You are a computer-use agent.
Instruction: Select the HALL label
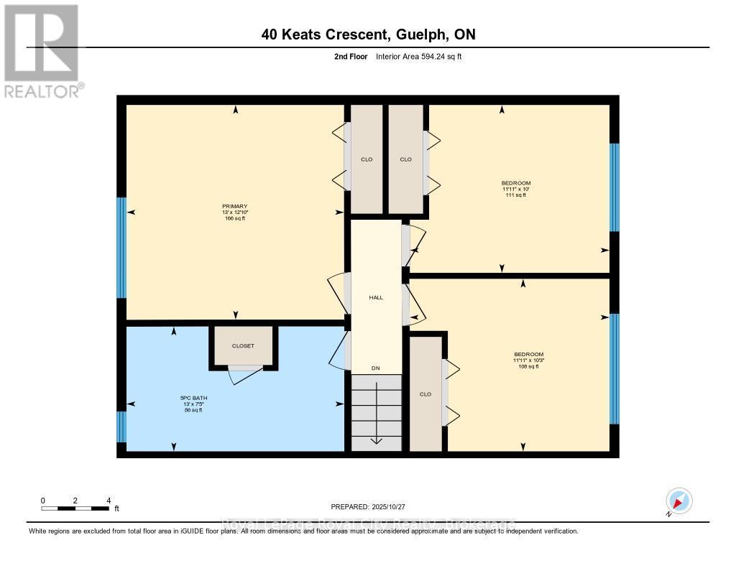coord(375,297)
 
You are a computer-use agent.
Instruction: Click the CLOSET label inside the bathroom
coord(243,346)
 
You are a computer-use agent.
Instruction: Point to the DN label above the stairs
coord(375,368)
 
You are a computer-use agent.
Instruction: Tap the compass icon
coord(678,501)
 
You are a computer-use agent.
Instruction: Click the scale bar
coord(75,508)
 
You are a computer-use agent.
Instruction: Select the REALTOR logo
coord(42,50)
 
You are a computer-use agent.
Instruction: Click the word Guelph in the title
coord(418,34)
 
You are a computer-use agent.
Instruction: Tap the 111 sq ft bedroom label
coord(516,189)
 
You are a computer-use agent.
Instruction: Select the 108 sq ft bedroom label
coord(528,360)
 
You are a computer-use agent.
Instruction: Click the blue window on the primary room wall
coord(121,248)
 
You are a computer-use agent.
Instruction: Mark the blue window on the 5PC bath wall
coord(121,427)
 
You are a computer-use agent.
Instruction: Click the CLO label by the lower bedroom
coord(425,394)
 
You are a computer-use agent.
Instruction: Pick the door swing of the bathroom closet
coord(243,374)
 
